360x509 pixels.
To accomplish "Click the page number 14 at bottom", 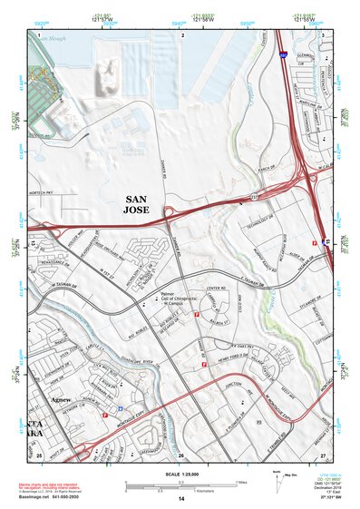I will (x=180, y=498).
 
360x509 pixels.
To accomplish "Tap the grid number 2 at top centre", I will (x=182, y=34).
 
